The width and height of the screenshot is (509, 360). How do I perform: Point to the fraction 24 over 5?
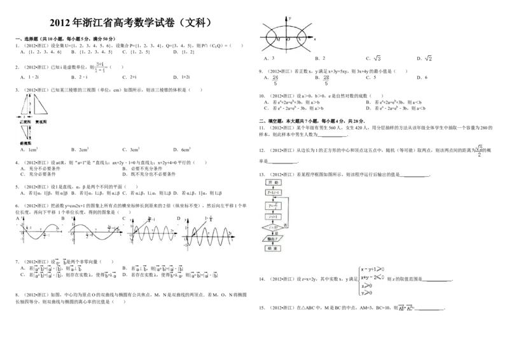[275, 79]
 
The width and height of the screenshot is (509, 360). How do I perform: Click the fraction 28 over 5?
[326, 79]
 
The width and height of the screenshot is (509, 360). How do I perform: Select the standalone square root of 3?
[377, 59]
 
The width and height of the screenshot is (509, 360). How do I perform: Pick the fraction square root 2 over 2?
[478, 150]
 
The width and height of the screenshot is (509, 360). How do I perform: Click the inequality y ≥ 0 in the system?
[366, 293]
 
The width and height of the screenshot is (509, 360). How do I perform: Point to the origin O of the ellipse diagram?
[288, 40]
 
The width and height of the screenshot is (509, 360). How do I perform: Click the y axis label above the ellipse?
[289, 18]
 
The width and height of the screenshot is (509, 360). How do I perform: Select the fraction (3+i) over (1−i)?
[99, 68]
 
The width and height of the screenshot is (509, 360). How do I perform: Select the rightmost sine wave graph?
[209, 233]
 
